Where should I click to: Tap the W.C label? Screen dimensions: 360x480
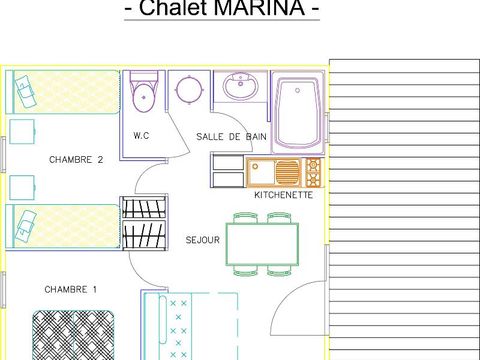coord(141,136)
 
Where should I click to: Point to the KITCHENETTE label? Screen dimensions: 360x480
coord(283,194)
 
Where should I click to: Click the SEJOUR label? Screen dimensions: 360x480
coord(202,240)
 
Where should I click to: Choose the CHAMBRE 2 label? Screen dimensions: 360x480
coord(76,159)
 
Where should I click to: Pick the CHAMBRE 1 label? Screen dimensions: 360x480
coord(71,289)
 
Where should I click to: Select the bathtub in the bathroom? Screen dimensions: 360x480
coord(297,111)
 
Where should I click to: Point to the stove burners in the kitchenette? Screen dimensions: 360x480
coord(313,172)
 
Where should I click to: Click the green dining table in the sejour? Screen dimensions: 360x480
coord(262,244)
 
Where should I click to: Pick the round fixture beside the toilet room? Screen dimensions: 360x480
coord(186,90)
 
